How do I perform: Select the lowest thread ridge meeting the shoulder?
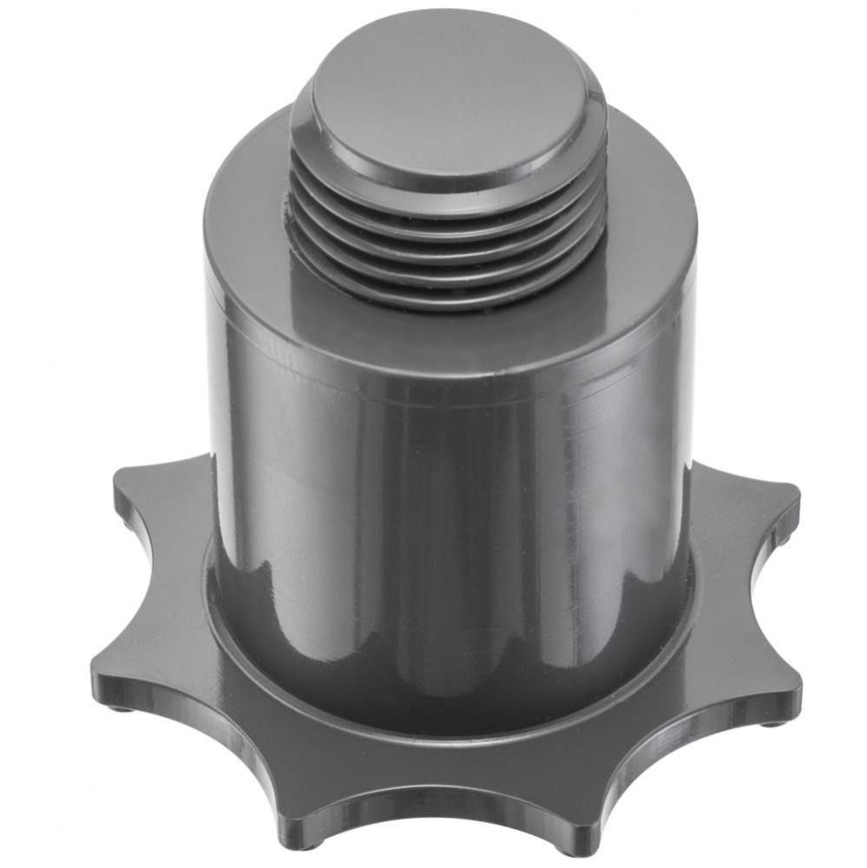point(448,299)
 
